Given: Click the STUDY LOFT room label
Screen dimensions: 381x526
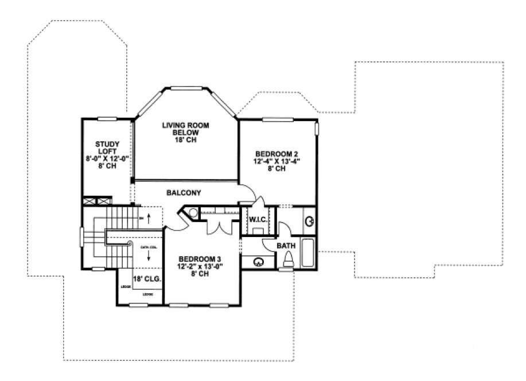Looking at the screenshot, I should tap(107, 147).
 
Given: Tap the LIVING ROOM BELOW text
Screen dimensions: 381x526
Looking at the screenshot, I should tap(185, 129).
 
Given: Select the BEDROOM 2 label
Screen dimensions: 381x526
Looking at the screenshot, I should tap(276, 154).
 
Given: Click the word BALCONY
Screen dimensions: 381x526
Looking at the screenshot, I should tap(184, 193).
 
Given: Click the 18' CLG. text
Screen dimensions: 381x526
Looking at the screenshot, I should tap(146, 279).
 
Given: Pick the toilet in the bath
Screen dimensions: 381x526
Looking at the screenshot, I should tap(289, 259).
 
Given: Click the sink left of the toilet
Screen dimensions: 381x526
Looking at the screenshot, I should tap(259, 262).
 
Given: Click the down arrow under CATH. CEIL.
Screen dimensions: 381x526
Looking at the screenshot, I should tap(149, 258).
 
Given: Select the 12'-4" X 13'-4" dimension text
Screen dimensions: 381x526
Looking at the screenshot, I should tap(277, 161).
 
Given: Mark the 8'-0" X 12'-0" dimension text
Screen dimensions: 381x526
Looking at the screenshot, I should tap(107, 159).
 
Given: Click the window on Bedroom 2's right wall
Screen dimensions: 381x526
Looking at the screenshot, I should tap(315, 127).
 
